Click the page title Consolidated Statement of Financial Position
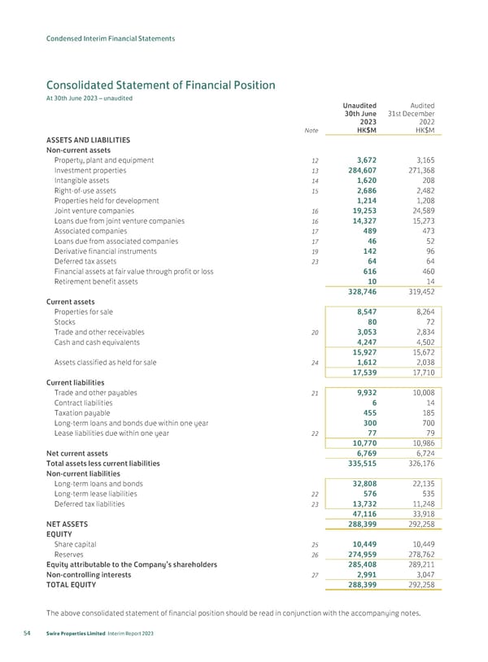pyautogui.click(x=160, y=85)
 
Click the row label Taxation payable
pyautogui.click(x=83, y=413)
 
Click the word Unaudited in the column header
pyautogui.click(x=359, y=105)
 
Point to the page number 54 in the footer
pyautogui.click(x=29, y=635)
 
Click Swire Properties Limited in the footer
pyautogui.click(x=82, y=635)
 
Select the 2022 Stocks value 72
pyautogui.click(x=428, y=322)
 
